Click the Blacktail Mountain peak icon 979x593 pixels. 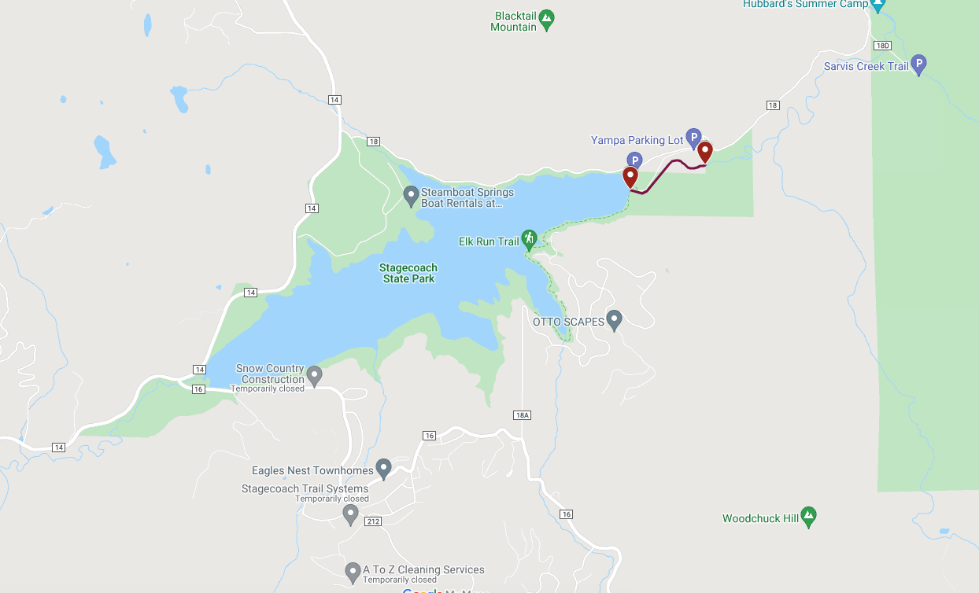pos(547,17)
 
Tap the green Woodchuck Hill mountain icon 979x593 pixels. pos(808,517)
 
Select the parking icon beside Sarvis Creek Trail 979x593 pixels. pos(918,63)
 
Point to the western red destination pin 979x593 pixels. pos(630,177)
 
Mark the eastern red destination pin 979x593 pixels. pos(705,151)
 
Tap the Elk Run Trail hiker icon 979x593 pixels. pos(528,238)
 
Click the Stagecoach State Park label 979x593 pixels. pos(408,273)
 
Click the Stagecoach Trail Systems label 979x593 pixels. pos(305,489)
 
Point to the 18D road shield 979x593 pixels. pos(881,46)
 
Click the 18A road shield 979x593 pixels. pos(522,414)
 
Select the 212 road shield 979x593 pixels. pos(373,521)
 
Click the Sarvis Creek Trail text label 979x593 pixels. pos(866,67)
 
